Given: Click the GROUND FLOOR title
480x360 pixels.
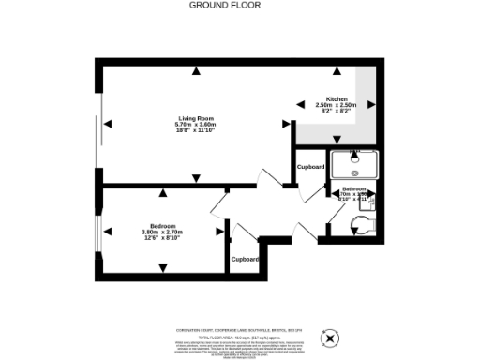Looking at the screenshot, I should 225,6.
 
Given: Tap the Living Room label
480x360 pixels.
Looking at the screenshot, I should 195,118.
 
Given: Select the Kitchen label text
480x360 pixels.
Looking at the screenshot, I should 337,99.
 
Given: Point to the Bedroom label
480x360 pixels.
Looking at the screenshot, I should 162,225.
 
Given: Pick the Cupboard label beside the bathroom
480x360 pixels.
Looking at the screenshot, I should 310,166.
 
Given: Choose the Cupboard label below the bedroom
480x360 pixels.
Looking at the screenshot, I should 245,258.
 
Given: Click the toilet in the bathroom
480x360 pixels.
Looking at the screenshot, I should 359,222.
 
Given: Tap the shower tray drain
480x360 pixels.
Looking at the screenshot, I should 354,172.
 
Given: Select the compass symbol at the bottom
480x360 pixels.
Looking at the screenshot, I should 330,337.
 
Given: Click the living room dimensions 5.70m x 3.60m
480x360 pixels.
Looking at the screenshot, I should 195,125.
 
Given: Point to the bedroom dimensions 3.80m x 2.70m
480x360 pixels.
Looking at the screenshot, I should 162,232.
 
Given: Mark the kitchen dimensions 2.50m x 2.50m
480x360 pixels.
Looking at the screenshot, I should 337,106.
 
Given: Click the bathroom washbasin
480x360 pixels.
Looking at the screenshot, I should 373,200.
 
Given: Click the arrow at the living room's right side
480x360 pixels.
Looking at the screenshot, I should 287,124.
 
